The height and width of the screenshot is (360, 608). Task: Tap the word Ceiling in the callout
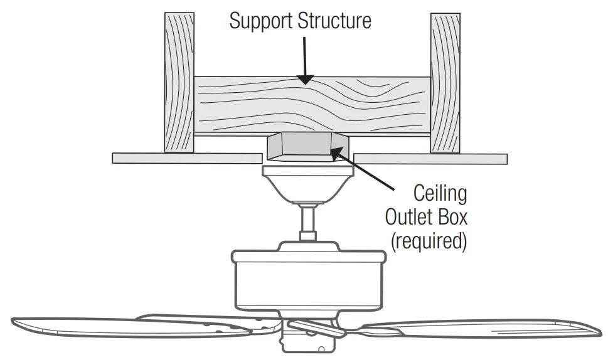440,194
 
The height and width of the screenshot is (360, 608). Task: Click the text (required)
429,241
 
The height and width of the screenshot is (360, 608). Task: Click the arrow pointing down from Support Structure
304,60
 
